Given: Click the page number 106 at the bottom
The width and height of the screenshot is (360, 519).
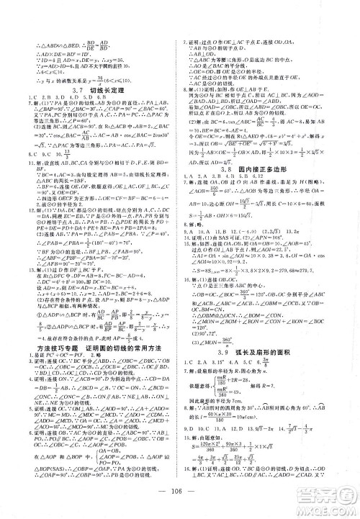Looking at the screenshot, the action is coord(181,502).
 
